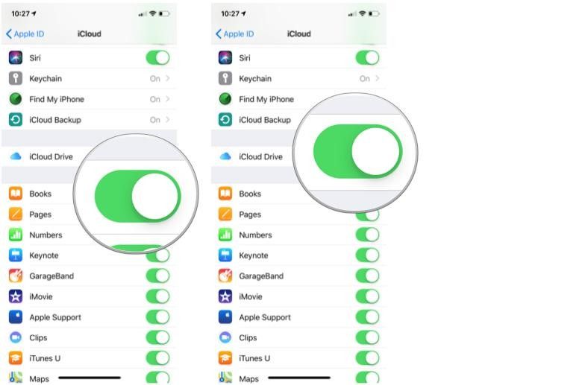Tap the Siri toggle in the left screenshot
pyautogui.click(x=157, y=58)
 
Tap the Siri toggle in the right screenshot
pyautogui.click(x=367, y=58)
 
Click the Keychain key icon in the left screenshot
pyautogui.click(x=16, y=79)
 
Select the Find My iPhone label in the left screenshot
pyautogui.click(x=57, y=99)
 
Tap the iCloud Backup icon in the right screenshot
pyautogui.click(x=225, y=120)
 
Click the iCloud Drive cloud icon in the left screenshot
pyautogui.click(x=16, y=156)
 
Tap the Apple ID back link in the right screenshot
pyautogui.click(x=235, y=34)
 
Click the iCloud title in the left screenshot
pyautogui.click(x=90, y=34)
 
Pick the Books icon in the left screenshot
pyautogui.click(x=16, y=194)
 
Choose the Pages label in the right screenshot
pyautogui.click(x=250, y=214)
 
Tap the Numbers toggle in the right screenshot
pyautogui.click(x=367, y=235)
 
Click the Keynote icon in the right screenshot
pyautogui.click(x=225, y=255)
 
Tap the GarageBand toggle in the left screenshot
pyautogui.click(x=157, y=276)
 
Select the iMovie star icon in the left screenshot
pyautogui.click(x=16, y=296)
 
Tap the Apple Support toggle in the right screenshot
pyautogui.click(x=367, y=317)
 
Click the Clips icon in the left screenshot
pyautogui.click(x=16, y=337)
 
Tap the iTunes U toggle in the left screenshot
pyautogui.click(x=157, y=358)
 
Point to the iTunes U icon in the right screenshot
pyautogui.click(x=225, y=358)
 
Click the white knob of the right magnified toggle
pyautogui.click(x=375, y=151)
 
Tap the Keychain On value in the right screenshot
pyautogui.click(x=364, y=79)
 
